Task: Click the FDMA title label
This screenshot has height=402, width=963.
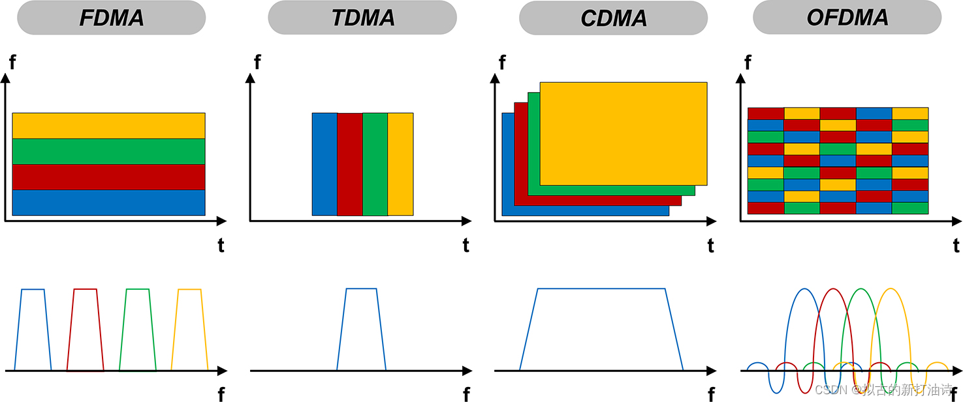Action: point(112,18)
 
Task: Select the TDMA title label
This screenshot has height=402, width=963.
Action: point(363,18)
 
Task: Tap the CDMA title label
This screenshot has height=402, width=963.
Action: point(614,18)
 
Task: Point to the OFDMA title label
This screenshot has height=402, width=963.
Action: point(847,18)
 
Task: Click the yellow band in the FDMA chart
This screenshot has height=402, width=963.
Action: point(108,125)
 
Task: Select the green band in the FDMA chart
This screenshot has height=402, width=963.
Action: point(108,151)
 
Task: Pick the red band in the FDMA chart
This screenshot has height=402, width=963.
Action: point(108,177)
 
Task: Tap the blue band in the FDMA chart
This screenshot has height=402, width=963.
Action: point(108,202)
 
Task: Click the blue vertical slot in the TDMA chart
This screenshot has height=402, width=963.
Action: point(324,164)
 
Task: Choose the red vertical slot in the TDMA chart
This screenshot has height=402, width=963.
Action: point(350,164)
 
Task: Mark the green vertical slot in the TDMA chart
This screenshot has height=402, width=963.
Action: point(375,164)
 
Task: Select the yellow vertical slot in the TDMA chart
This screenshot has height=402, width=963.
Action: point(400,164)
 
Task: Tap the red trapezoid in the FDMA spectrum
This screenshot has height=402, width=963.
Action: point(86,330)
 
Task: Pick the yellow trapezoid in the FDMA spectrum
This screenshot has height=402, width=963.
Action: point(189,330)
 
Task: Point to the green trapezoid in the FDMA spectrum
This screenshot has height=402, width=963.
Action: point(137,330)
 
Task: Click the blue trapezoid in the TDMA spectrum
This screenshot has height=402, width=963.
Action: point(361,330)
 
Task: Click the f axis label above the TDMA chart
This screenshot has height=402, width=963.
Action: point(257,63)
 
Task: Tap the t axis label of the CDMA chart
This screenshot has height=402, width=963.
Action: point(710,245)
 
